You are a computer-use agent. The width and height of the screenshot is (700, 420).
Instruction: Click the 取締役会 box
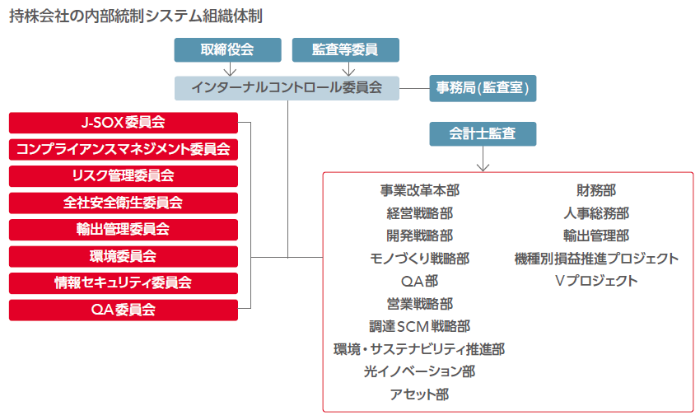[226, 49]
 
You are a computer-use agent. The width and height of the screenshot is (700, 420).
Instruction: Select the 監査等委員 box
[345, 49]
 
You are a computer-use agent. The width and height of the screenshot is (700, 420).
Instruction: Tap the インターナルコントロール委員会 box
[287, 88]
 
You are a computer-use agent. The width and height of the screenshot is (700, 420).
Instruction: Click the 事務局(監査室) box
[483, 88]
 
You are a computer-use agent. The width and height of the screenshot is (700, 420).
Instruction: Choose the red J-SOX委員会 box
[124, 123]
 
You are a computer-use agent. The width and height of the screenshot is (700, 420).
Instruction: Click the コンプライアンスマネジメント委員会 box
[124, 149]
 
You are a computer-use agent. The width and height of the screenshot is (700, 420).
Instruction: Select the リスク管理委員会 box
[124, 176]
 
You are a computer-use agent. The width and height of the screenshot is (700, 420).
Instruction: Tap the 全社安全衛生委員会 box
[124, 203]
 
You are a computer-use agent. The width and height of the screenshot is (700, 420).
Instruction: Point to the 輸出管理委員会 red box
[124, 229]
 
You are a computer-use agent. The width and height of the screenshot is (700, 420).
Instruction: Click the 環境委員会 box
[124, 256]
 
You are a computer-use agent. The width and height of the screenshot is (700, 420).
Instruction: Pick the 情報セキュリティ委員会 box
[124, 282]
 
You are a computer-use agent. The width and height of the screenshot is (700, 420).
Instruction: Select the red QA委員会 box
[124, 310]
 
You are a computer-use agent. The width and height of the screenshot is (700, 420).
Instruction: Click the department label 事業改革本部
[419, 191]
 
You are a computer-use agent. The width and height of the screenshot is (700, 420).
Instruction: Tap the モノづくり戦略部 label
[419, 259]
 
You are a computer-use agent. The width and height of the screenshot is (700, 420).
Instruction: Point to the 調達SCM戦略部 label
[419, 326]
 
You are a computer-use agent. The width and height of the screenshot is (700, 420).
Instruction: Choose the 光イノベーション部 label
[419, 371]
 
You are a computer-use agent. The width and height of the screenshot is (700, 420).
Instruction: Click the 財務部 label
[596, 191]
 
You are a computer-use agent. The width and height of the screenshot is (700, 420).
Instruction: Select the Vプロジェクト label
[596, 281]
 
